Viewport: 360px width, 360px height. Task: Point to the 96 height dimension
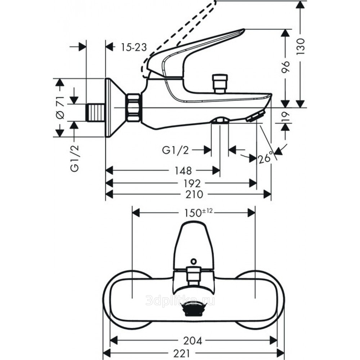pyautogui.click(x=285, y=68)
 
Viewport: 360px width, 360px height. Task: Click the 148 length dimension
pyautogui.click(x=183, y=170)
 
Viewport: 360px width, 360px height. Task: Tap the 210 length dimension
pyautogui.click(x=195, y=194)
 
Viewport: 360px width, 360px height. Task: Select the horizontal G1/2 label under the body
pyautogui.click(x=175, y=150)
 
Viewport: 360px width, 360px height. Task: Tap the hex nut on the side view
pyautogui.click(x=134, y=107)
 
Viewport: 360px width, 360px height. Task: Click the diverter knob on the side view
pyautogui.click(x=220, y=83)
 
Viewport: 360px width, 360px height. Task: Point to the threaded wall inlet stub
pyautogui.click(x=95, y=112)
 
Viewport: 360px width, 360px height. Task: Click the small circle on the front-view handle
pyautogui.click(x=194, y=262)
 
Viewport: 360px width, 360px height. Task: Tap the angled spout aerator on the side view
pyautogui.click(x=255, y=117)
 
